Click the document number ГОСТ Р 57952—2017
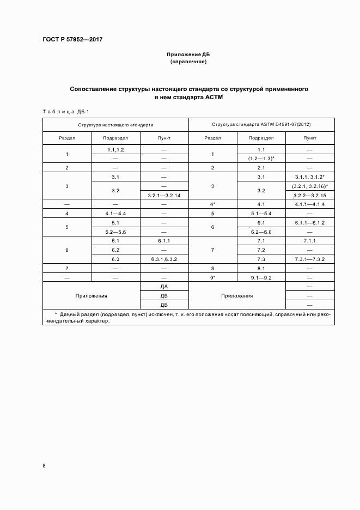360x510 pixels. tap(72, 40)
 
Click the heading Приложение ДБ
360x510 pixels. tap(188, 55)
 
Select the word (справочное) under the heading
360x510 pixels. tap(188, 62)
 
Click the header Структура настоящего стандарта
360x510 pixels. tap(115, 125)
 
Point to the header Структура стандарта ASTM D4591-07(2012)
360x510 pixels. tap(261, 125)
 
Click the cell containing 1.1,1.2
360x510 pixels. tap(115, 149)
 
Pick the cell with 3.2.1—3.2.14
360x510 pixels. tap(164, 195)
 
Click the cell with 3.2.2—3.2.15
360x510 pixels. tap(310, 195)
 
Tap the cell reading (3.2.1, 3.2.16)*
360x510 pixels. tap(310, 186)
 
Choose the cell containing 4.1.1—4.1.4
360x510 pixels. tap(310, 204)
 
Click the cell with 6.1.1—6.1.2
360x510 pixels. tap(310, 223)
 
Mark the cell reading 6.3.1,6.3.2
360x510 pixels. tap(164, 259)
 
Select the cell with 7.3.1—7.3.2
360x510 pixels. tap(310, 259)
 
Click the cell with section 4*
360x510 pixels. tap(213, 204)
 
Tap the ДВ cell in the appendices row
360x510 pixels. tap(164, 305)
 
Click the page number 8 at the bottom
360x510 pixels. tap(44, 465)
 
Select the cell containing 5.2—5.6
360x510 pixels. tap(115, 232)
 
